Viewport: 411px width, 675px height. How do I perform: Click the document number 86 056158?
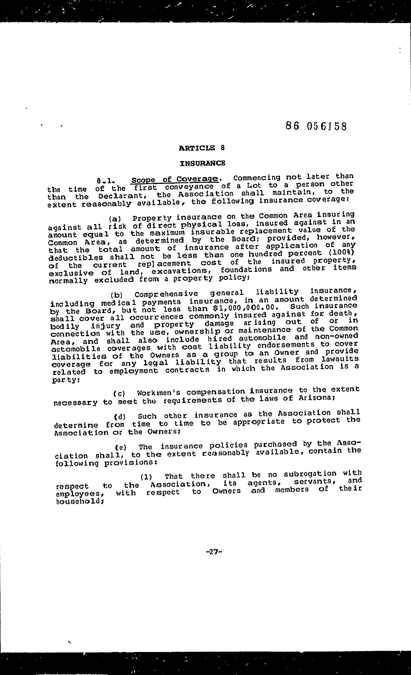tap(316, 126)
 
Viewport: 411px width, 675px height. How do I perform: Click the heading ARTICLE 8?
tap(202, 148)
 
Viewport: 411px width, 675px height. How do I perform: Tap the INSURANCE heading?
tap(203, 163)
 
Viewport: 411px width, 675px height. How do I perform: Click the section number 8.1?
tap(105, 181)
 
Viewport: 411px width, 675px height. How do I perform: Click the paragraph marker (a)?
tap(115, 219)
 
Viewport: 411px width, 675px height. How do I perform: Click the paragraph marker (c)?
tap(119, 394)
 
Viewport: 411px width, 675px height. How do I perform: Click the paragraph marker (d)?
tap(120, 417)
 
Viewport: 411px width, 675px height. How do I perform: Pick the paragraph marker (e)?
tap(121, 448)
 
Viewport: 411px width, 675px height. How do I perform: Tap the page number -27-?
tap(213, 552)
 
